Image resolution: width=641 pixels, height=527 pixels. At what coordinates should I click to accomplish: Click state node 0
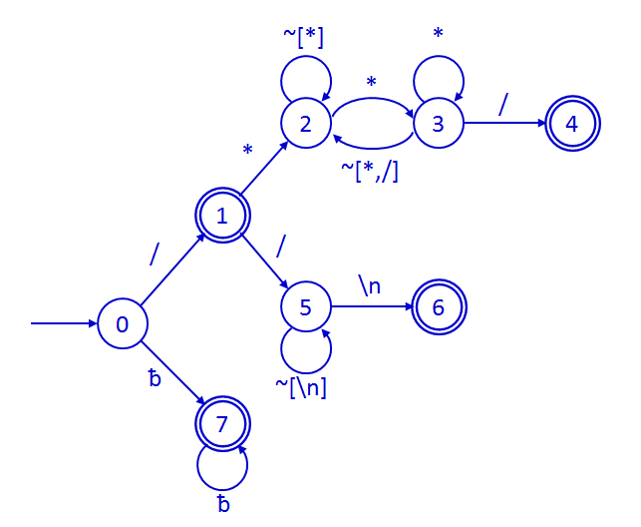(123, 324)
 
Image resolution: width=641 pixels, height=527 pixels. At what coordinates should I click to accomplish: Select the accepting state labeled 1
(222, 216)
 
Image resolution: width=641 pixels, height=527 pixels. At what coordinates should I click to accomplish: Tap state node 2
(306, 124)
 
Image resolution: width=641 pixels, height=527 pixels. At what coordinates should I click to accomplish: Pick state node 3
(438, 124)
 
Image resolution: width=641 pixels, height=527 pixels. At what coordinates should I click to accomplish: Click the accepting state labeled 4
(572, 124)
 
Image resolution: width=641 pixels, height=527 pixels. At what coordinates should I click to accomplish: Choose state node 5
(306, 307)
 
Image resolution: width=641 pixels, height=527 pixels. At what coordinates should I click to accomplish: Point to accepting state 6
(439, 307)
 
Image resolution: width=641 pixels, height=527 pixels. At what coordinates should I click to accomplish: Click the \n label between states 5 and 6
(370, 286)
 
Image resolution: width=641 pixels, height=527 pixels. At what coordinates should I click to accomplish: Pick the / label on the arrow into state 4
(503, 103)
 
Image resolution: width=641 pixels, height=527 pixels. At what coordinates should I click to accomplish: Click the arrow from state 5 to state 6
(370, 307)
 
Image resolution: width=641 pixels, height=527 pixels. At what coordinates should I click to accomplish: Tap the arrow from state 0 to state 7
(171, 374)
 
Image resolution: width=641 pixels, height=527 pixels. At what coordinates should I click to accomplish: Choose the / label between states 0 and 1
(155, 256)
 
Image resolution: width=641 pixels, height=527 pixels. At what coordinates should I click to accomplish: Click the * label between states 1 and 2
(247, 151)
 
